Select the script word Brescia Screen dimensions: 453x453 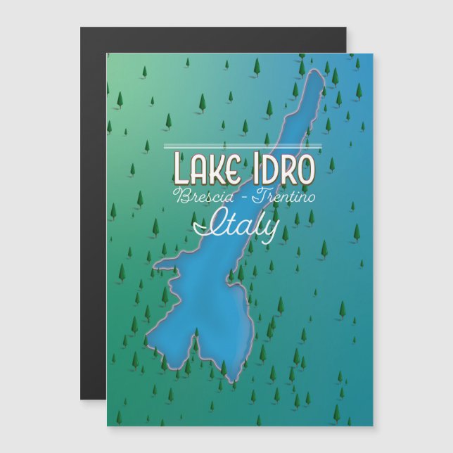coord(203,196)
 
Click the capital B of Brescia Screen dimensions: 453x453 coord(181,196)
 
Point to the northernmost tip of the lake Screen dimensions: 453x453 coord(325,63)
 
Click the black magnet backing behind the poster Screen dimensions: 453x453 coord(93,211)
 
